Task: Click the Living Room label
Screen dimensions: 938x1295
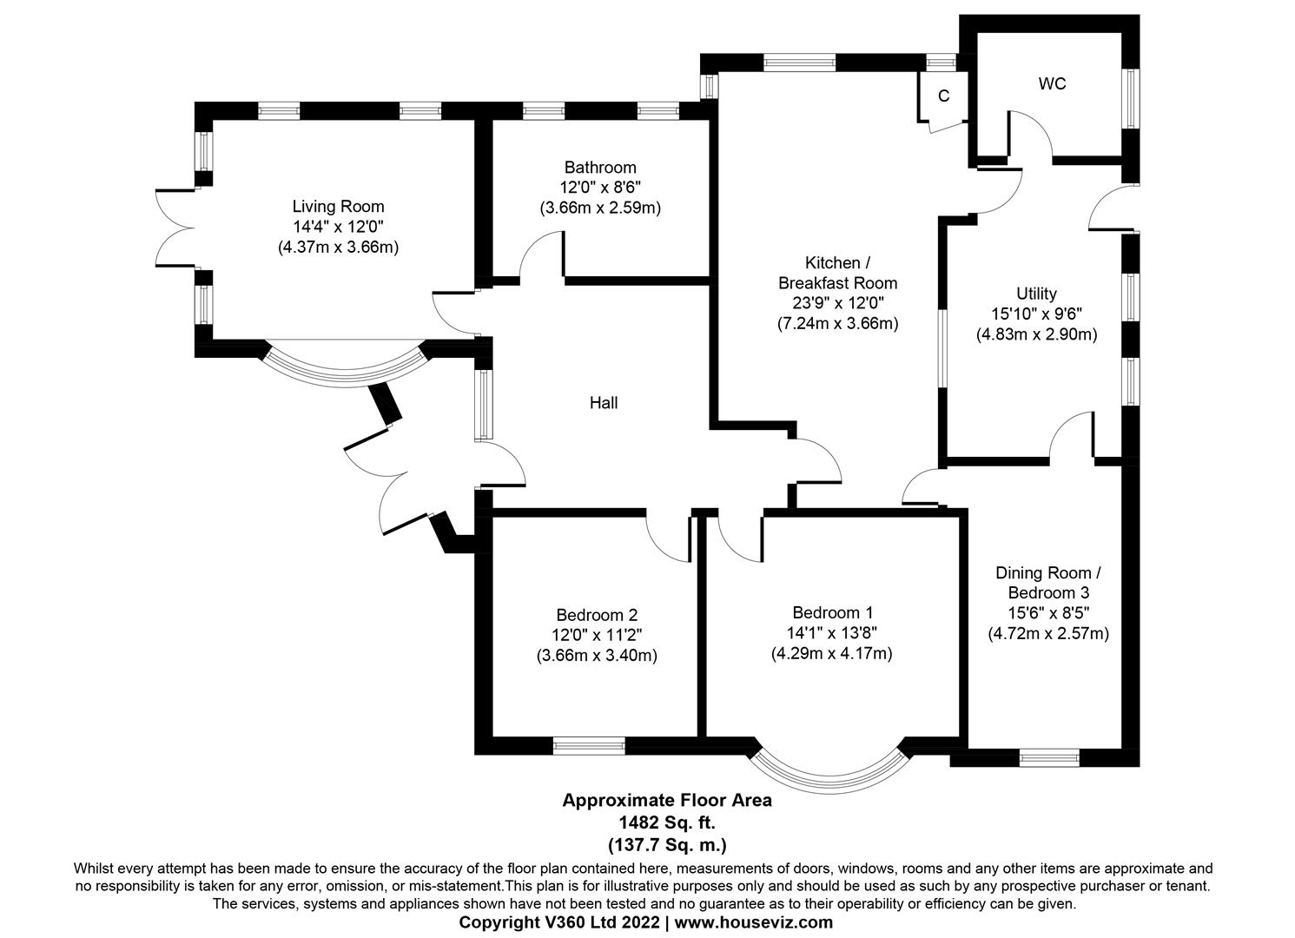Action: [338, 207]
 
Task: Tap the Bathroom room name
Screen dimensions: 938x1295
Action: [599, 168]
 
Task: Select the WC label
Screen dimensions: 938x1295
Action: [1052, 84]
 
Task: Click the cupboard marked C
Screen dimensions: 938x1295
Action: [943, 96]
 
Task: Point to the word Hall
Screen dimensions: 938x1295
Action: [604, 403]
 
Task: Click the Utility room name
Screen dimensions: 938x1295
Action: [1036, 294]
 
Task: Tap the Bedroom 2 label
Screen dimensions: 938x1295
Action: [597, 615]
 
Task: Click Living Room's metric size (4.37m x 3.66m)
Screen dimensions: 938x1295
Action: [338, 247]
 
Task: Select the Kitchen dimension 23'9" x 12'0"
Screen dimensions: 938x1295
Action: [837, 303]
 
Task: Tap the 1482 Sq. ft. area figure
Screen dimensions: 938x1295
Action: [666, 822]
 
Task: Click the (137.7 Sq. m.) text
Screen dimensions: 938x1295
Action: [666, 843]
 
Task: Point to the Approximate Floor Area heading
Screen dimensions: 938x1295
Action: [666, 801]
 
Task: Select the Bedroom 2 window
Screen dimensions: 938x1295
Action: [589, 745]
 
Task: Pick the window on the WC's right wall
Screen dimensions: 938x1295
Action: [1130, 98]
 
